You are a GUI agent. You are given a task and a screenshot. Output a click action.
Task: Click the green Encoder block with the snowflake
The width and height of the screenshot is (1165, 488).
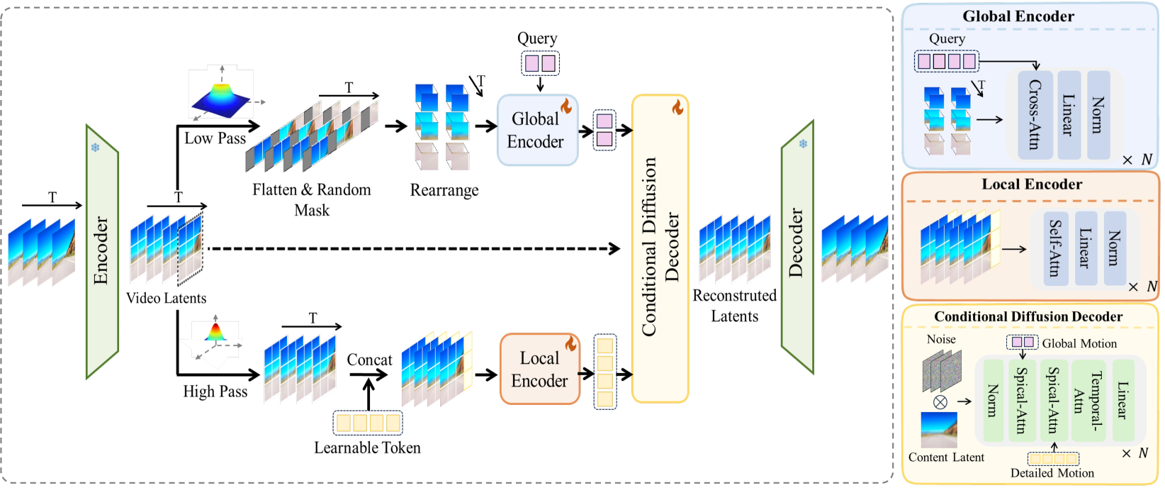102,252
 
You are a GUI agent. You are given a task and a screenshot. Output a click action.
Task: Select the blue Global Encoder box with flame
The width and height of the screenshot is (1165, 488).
537,131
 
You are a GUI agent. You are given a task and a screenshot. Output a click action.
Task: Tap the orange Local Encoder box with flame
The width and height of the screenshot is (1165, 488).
540,370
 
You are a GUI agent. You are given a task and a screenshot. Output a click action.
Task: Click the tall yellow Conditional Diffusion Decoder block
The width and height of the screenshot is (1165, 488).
660,248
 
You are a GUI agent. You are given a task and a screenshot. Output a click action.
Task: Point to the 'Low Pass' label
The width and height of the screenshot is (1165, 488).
215,138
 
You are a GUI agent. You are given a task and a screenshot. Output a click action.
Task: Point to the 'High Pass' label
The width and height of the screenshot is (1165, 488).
215,392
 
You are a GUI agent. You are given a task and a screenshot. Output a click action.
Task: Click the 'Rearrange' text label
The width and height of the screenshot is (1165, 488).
444,190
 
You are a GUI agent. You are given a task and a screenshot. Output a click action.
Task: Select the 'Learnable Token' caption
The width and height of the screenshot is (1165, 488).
367,448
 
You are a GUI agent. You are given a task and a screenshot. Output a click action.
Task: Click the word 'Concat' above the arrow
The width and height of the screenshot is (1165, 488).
369,360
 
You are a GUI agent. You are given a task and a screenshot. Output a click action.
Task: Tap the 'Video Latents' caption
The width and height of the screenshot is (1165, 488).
166,298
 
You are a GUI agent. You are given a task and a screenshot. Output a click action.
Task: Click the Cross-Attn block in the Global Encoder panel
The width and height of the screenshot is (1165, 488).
1034,114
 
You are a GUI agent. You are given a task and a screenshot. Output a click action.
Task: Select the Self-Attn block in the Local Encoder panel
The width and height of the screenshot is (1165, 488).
1055,248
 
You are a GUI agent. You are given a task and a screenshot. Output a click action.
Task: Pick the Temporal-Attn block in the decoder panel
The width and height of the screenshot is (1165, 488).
1087,401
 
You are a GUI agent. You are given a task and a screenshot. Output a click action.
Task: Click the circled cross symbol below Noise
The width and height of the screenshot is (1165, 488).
940,402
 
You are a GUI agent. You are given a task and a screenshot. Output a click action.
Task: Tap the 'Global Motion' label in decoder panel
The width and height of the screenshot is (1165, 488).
1079,343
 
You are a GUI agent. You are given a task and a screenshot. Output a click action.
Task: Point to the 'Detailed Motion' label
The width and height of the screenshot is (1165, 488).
1052,473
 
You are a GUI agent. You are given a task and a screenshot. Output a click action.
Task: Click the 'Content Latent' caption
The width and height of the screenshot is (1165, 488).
946,457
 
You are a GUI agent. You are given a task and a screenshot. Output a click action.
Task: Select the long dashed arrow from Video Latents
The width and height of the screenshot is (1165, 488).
411,248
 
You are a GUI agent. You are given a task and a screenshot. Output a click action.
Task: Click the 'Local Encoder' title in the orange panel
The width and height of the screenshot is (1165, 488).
1031,184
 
